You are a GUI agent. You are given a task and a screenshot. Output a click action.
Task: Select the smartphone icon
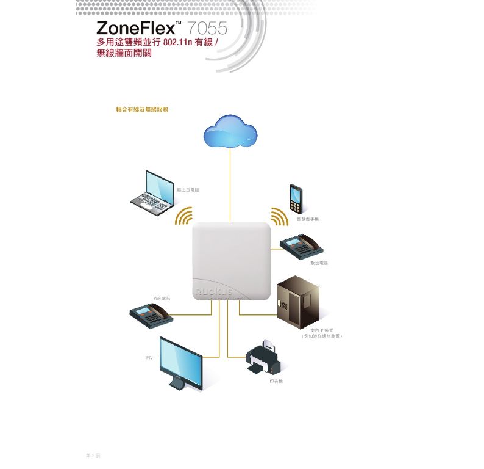(296, 198)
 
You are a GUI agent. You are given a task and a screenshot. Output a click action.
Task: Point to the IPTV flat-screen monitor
(180, 363)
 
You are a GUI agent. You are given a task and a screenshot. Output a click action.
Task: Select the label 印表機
(276, 381)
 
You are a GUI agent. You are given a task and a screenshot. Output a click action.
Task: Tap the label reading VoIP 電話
(162, 299)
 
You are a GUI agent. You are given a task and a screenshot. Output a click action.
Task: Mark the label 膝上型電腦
(188, 190)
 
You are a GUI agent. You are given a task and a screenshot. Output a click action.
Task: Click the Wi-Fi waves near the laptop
(183, 216)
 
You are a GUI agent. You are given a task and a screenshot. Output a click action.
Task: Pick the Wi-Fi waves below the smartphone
(279, 216)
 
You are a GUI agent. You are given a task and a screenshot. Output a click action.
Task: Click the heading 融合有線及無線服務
(142, 109)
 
